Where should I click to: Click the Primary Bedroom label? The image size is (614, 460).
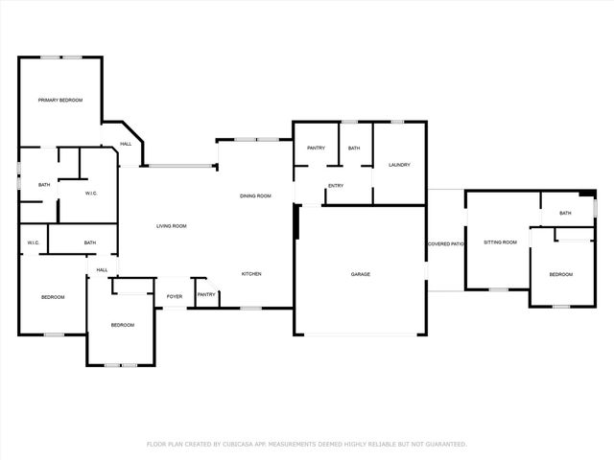pos(59,101)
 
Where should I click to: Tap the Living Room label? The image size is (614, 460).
pos(172,226)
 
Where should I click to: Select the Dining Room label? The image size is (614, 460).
pos(255,195)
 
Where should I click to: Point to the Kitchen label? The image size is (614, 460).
pos(251,274)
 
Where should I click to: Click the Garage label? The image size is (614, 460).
pos(360,274)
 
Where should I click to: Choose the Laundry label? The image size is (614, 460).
pos(399,165)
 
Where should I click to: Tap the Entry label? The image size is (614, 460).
pos(336,186)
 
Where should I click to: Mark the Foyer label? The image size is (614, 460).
pos(175,297)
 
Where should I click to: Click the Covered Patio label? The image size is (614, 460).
pos(445,244)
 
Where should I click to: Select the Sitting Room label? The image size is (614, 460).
pos(500,242)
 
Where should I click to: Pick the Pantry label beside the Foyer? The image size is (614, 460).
pos(206,295)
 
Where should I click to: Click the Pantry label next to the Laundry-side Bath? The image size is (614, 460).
pos(316,149)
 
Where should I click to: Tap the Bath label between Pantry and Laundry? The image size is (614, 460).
pos(354,149)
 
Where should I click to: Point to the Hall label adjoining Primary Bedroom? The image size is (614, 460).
pos(126,145)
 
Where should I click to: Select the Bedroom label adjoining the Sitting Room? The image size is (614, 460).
pos(560,275)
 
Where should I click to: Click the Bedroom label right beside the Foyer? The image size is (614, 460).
pos(122,325)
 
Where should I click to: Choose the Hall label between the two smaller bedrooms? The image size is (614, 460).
pos(102,270)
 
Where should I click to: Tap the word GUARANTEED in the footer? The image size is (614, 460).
pos(446,445)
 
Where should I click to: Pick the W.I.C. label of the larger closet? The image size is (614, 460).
pos(92,193)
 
